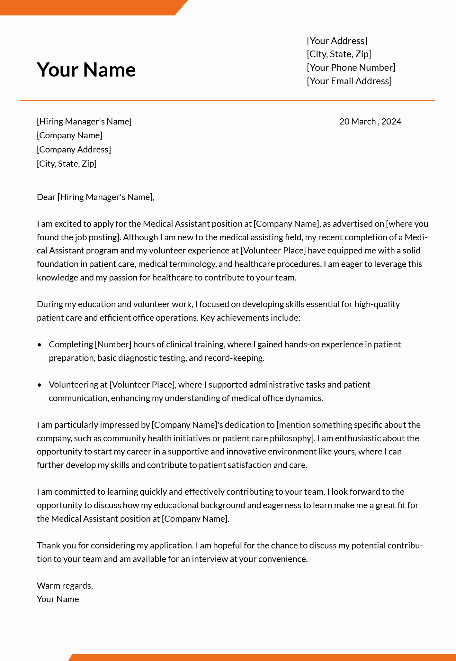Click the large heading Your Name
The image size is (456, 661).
coord(86,69)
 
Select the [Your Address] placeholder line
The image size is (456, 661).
coord(337,41)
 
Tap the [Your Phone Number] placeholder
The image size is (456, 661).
coord(351,68)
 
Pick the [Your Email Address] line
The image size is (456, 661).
coord(349,81)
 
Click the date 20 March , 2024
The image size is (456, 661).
coord(370,122)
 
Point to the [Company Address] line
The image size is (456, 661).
coord(74,150)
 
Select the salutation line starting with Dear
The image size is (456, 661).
coord(95,197)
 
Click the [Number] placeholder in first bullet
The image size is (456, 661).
coord(113,344)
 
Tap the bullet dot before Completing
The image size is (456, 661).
coord(40,345)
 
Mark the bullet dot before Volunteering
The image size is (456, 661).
coord(40,385)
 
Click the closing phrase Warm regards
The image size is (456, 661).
coord(65,586)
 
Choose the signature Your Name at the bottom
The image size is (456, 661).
coord(58,599)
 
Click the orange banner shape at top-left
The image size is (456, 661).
coord(90,7)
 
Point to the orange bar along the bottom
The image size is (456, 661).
coord(262,657)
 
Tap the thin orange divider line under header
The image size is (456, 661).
coord(227,100)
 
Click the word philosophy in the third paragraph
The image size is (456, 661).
coord(291,438)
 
